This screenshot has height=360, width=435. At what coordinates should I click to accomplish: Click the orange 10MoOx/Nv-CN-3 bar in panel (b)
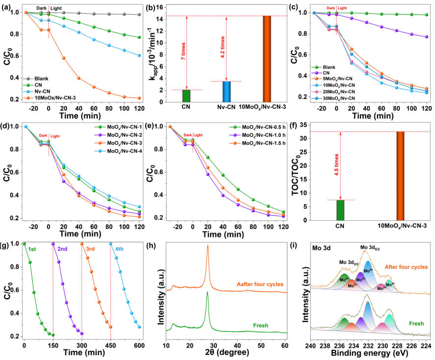pos(267,59)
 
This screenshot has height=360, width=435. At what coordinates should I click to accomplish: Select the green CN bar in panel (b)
pos(186,97)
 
